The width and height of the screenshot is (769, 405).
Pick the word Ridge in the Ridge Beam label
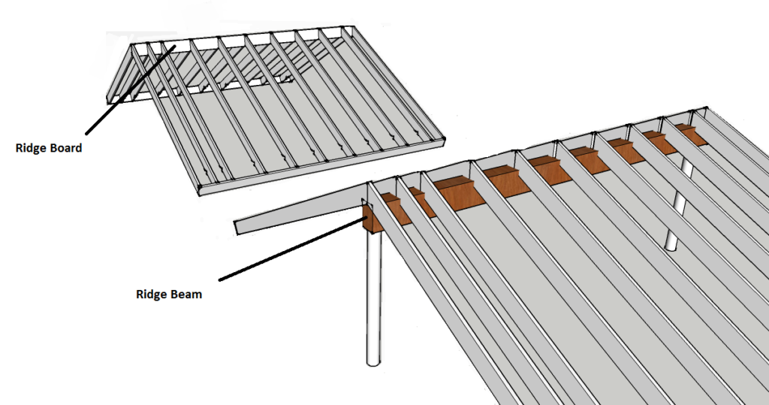tap(150, 295)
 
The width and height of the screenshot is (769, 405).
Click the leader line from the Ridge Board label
tap(131, 89)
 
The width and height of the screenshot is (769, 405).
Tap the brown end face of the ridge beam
tap(372, 219)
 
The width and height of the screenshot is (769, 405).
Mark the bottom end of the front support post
tap(374, 364)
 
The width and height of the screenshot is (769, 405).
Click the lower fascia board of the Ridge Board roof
tap(321, 167)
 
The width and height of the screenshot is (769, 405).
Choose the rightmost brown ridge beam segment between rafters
tap(692, 134)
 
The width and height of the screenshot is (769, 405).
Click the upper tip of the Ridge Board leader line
tap(175, 46)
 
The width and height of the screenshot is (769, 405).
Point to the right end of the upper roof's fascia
tap(445, 141)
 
